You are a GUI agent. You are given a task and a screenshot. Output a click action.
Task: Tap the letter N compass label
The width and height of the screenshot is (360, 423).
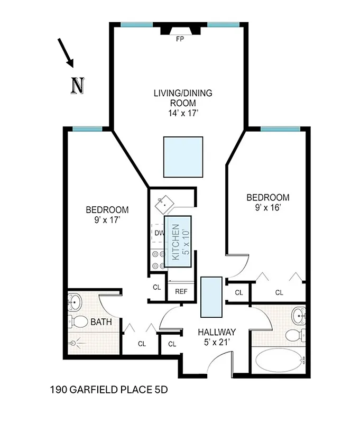click(78, 85)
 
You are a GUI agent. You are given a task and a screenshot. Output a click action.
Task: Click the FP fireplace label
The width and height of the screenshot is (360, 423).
click(180, 39)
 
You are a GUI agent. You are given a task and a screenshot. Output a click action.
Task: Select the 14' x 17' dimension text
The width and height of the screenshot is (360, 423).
click(183, 113)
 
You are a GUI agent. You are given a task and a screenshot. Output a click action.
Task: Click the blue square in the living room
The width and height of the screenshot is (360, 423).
click(183, 157)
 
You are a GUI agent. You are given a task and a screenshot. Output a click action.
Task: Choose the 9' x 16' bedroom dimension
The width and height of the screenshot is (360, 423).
click(268, 207)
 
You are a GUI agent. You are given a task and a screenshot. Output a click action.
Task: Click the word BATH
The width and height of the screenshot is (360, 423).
click(100, 321)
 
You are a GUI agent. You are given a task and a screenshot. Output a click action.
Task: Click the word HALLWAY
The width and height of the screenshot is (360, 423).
click(216, 332)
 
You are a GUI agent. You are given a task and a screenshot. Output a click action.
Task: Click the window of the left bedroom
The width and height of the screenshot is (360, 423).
click(87, 129)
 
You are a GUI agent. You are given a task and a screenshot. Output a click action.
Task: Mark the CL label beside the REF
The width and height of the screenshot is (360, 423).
click(156, 288)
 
